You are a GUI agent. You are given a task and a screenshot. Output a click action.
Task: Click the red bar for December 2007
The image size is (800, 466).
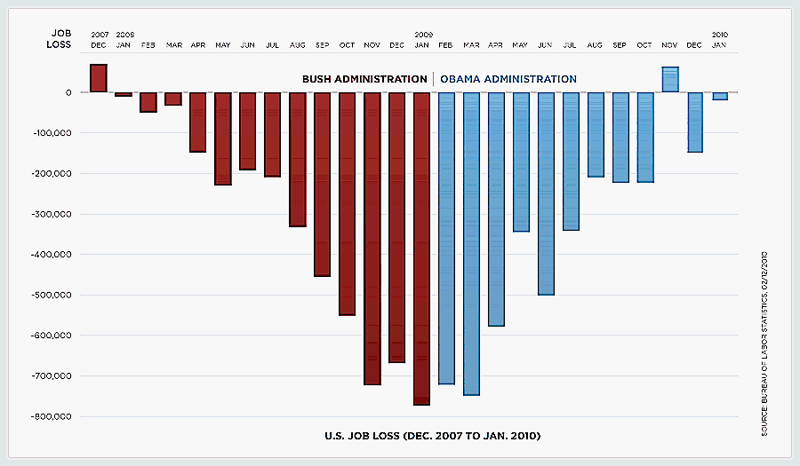tap(99, 78)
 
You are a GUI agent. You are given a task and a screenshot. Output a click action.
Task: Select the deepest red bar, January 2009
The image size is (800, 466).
tap(422, 249)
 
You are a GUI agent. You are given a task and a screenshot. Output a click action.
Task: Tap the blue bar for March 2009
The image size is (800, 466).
tap(472, 243)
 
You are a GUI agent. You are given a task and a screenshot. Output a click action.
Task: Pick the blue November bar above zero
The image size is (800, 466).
tap(670, 79)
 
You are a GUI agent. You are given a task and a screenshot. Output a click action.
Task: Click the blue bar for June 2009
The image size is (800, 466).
tap(546, 194)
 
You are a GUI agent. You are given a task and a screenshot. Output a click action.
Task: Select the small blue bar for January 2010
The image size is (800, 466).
tap(720, 96)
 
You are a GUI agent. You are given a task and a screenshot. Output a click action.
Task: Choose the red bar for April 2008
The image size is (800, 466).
tap(198, 122)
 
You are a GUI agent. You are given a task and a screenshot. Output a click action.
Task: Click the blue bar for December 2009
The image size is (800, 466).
tap(695, 122)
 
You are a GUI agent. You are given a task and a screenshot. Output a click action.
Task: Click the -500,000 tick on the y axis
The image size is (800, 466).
tap(54, 295)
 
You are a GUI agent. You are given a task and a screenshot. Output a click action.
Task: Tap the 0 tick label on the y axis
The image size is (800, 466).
tap(69, 92)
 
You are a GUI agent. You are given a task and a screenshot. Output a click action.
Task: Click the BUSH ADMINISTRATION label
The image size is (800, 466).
tap(364, 79)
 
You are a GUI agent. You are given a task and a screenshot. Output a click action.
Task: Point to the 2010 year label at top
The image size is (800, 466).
tap(720, 34)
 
